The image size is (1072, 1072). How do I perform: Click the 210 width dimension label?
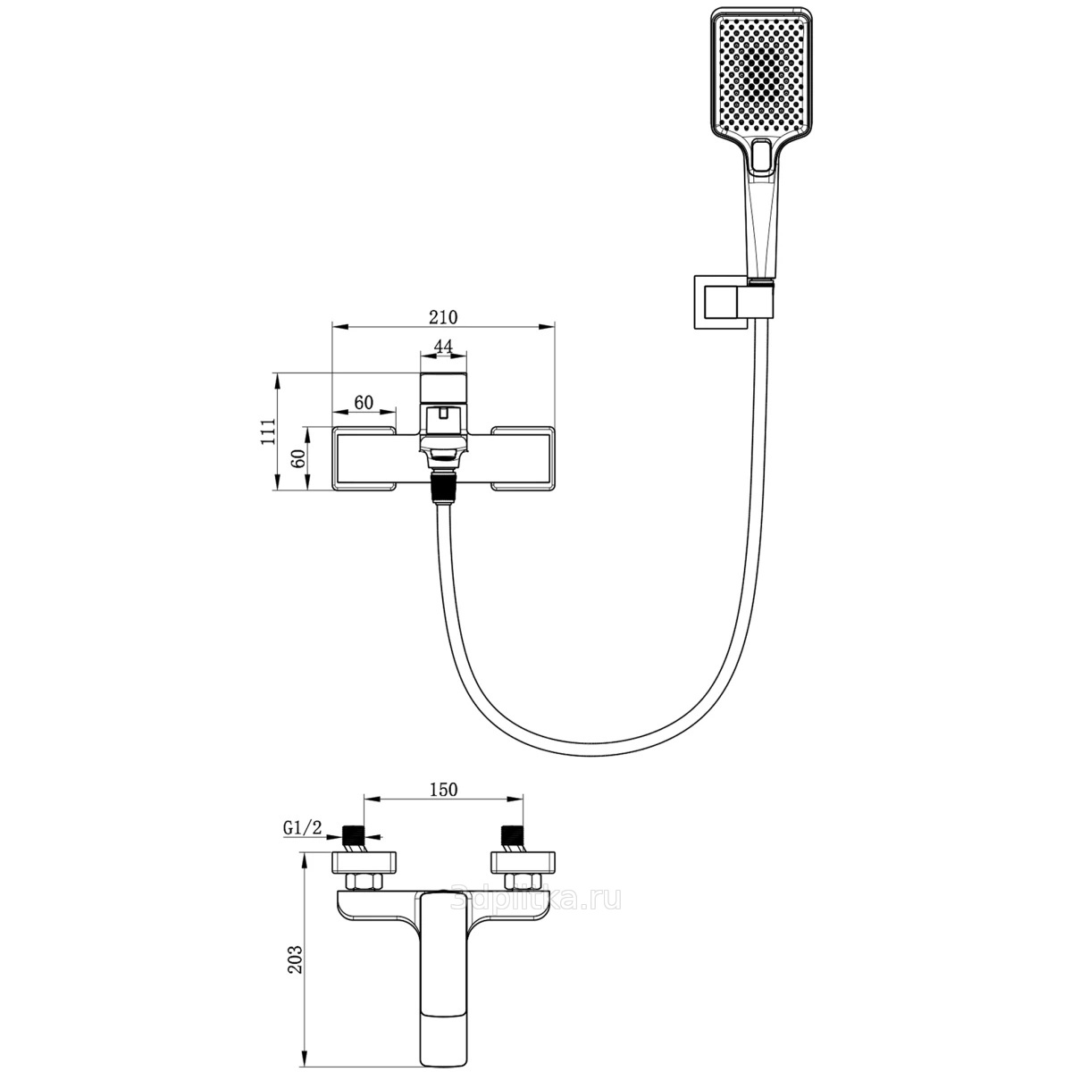[443, 317]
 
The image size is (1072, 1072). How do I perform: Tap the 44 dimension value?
[443, 346]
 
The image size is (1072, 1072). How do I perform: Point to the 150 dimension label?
[443, 789]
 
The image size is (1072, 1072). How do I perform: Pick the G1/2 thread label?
[302, 828]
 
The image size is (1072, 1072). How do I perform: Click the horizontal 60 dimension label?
[363, 402]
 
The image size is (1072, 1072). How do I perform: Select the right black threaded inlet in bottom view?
[512, 839]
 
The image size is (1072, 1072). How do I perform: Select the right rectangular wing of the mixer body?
[523, 459]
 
